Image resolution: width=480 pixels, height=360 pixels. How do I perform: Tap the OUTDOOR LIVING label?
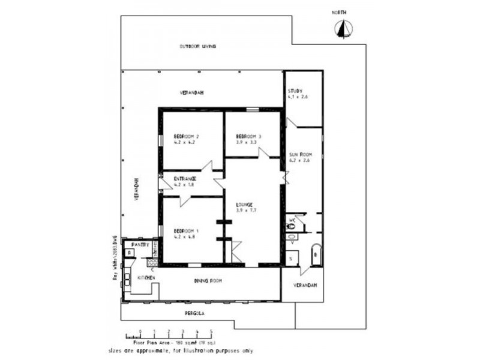[198, 46]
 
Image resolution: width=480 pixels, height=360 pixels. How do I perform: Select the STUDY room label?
[295, 91]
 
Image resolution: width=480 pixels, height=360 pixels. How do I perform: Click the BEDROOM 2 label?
[186, 136]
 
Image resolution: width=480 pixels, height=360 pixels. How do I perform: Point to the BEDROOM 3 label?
[248, 136]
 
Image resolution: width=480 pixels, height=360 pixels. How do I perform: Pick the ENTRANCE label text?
[186, 179]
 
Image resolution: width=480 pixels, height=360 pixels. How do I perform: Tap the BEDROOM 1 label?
[186, 231]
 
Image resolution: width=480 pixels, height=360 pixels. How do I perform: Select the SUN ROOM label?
[301, 154]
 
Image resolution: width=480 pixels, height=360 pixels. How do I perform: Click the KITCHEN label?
[147, 278]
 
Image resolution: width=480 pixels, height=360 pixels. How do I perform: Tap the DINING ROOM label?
[208, 280]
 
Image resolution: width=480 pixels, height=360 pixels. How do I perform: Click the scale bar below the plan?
[169, 334]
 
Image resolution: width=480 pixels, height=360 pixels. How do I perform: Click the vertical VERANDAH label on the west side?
[137, 190]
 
